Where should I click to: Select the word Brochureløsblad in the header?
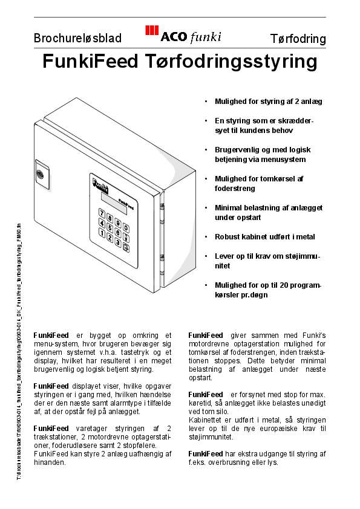[x=77, y=39]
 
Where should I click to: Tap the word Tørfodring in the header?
[x=298, y=39]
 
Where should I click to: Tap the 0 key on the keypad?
[x=126, y=229]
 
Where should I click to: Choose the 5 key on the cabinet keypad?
[x=110, y=226]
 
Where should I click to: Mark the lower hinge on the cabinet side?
[x=162, y=261]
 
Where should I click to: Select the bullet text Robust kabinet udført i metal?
[x=264, y=237]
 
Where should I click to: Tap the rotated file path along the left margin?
[x=19, y=351]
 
